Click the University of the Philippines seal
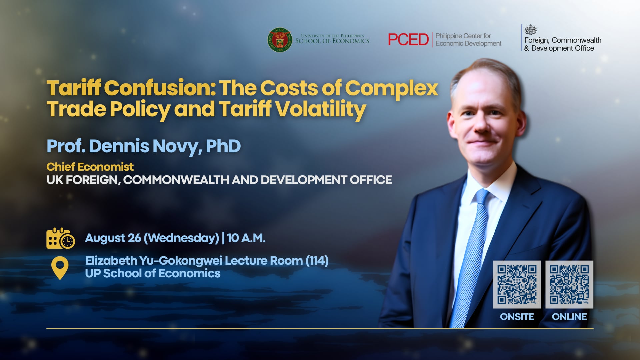[280, 40]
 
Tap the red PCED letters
[408, 40]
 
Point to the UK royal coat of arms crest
[530, 30]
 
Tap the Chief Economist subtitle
[90, 167]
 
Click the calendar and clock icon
[60, 238]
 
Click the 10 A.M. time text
[246, 238]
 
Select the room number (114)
[317, 261]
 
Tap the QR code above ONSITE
[517, 285]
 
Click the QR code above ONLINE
[569, 285]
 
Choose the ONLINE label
[569, 317]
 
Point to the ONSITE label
[517, 317]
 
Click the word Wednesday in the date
[181, 238]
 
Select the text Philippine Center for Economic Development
[468, 40]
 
